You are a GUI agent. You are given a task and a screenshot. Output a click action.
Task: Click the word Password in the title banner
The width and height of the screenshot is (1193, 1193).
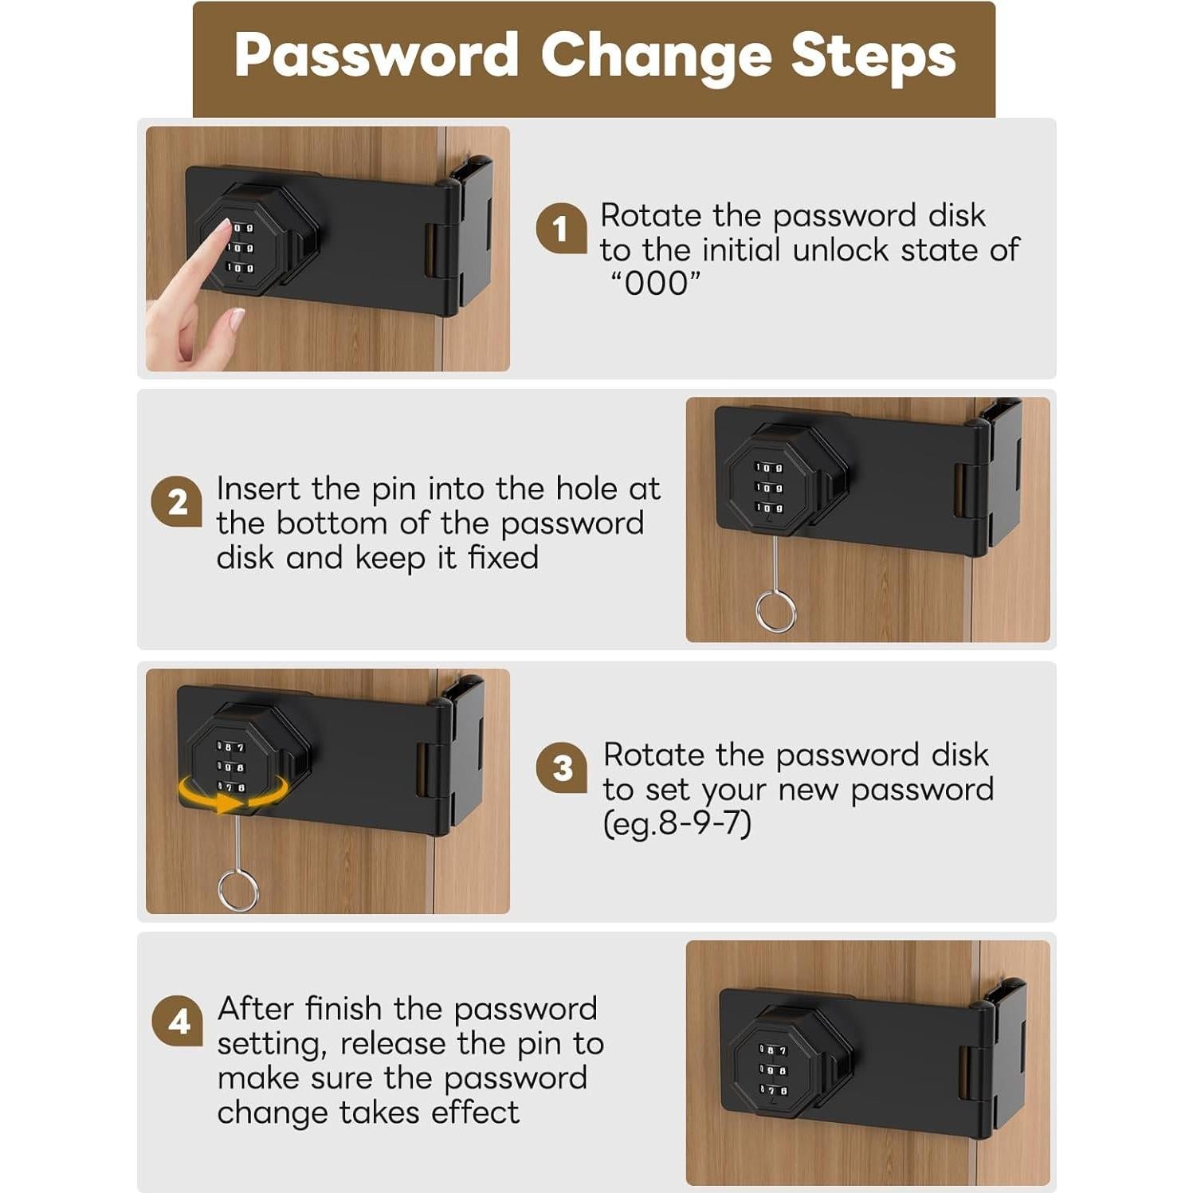[x=376, y=56]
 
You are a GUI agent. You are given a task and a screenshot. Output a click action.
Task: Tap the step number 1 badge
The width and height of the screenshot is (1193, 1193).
[x=561, y=229]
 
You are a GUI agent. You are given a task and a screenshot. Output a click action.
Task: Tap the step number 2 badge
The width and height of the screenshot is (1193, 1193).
[x=177, y=502]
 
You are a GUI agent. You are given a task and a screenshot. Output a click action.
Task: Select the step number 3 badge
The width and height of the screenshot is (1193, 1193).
[x=562, y=768]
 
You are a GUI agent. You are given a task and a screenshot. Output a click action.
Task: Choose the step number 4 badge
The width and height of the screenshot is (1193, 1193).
[x=178, y=1021]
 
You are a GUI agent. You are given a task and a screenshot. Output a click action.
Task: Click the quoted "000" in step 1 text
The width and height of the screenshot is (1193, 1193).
[x=655, y=284]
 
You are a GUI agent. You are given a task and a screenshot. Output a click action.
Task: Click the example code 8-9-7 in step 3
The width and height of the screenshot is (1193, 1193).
[x=704, y=823]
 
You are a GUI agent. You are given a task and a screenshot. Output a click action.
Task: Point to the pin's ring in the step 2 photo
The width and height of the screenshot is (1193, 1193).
[x=775, y=611]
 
